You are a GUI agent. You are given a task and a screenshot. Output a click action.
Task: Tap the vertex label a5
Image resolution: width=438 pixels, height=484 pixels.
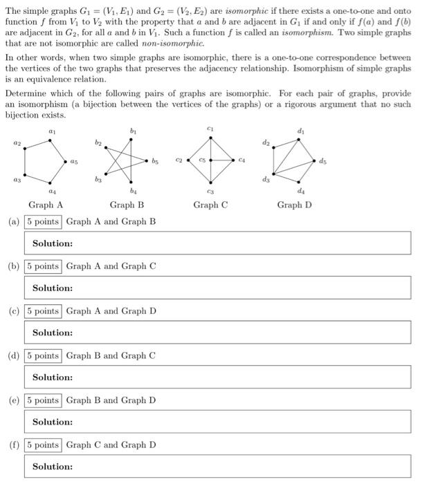(x=74, y=162)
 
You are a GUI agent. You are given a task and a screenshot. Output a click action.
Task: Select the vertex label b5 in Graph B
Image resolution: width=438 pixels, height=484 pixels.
(x=156, y=162)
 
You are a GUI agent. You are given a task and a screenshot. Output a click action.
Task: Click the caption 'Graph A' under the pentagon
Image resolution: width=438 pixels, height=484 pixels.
(x=46, y=205)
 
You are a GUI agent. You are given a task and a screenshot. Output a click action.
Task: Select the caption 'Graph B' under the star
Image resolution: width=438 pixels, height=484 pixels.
(x=127, y=205)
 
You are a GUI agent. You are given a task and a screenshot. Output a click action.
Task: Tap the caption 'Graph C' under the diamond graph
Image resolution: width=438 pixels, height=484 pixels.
(x=210, y=205)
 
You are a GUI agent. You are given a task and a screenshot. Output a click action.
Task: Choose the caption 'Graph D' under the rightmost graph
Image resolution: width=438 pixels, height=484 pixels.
(x=294, y=205)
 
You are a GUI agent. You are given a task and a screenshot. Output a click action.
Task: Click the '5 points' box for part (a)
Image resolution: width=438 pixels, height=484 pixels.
(x=42, y=222)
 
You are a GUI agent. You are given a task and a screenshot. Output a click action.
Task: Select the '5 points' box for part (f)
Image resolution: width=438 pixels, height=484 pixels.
(x=42, y=445)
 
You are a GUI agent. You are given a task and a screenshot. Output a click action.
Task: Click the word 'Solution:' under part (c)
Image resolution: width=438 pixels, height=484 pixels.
(x=53, y=333)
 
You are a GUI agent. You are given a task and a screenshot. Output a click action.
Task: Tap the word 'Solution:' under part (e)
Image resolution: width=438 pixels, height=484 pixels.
(x=53, y=422)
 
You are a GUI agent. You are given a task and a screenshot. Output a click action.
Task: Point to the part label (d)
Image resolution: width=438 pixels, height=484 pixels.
(x=13, y=356)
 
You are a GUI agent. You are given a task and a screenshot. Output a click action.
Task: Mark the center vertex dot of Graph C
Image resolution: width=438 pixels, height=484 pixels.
(x=210, y=161)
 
